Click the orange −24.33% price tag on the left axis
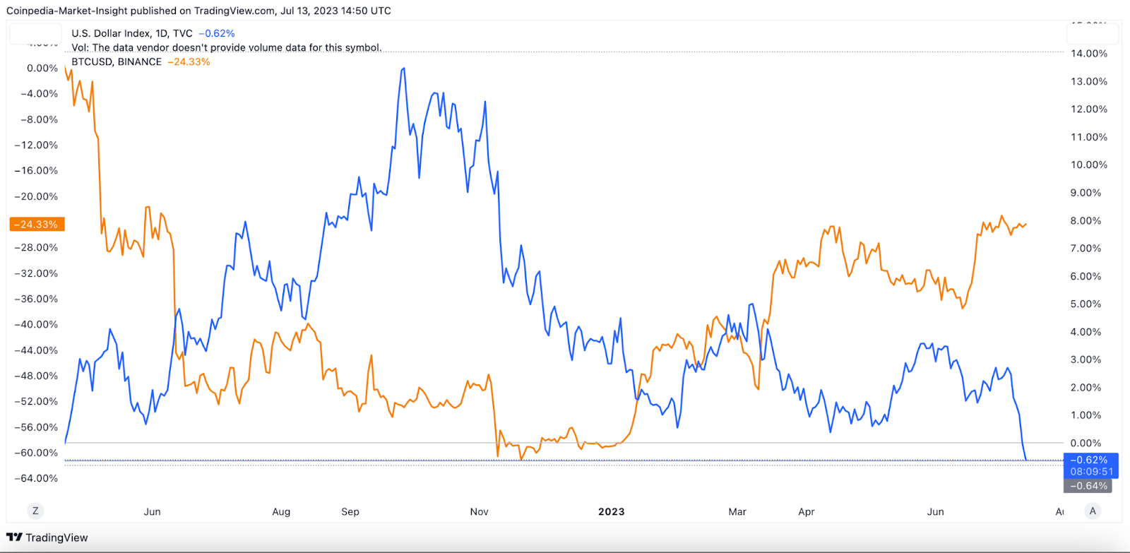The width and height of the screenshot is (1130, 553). [37, 225]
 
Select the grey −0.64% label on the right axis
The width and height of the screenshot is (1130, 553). [1088, 486]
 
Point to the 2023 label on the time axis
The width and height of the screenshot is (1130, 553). [611, 512]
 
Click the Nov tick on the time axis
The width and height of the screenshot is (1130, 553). [479, 512]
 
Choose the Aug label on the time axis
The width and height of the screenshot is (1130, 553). [281, 512]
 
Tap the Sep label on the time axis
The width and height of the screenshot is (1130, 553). [350, 512]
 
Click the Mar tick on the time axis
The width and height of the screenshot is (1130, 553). [737, 512]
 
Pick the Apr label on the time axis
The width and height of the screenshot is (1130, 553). [807, 512]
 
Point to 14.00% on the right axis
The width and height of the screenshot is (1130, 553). [1088, 54]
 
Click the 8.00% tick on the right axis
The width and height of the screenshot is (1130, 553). [1086, 221]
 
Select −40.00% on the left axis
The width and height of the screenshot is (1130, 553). [37, 325]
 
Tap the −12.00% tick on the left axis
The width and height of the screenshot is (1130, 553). [37, 145]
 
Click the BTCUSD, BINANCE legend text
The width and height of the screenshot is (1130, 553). [117, 62]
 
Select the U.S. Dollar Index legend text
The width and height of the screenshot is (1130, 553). [111, 33]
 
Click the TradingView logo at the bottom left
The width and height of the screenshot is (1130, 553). [47, 537]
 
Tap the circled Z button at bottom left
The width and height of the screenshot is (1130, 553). [35, 511]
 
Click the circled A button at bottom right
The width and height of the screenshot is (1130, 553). [1093, 511]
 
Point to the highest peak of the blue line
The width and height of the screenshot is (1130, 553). [403, 69]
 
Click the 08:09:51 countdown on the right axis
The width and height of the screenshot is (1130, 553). [1091, 472]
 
